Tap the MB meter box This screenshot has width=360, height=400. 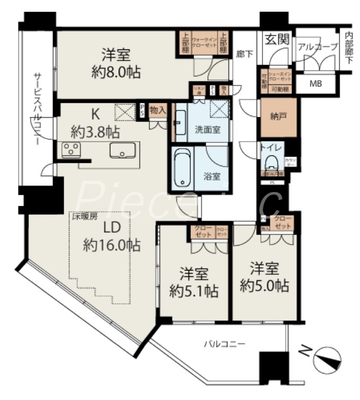(315, 83)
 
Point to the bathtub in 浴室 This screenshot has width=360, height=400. (182, 167)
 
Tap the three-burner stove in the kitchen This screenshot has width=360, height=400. (71, 150)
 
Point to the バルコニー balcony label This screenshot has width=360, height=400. (225, 344)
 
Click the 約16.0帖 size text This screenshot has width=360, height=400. (111, 245)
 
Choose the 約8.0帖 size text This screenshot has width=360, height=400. (116, 72)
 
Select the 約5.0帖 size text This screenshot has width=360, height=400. (264, 286)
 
